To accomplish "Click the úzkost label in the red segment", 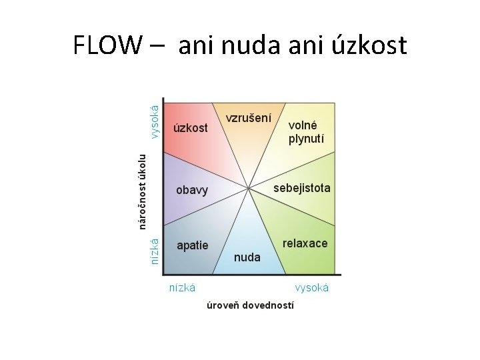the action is click(190, 127).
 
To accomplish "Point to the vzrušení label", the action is click(248, 118).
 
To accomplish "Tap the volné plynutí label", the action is click(303, 132).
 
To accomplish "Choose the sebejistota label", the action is click(301, 188).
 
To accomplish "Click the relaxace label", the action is click(305, 243).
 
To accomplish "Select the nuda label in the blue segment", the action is click(247, 257).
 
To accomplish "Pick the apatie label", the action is click(192, 245).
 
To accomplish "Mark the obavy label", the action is click(192, 190).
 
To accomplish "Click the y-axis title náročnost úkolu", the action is click(142, 191).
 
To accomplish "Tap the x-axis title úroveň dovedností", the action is click(250, 305).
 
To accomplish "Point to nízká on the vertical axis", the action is click(155, 252).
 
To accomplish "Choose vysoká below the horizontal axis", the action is click(312, 288).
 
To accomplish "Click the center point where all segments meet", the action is click(249, 188).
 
